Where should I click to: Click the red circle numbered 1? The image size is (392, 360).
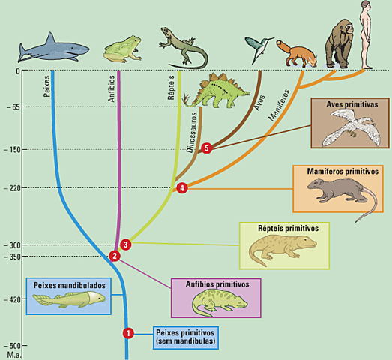point(128,333)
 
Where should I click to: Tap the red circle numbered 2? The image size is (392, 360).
point(115,256)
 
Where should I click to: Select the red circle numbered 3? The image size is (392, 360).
point(125,244)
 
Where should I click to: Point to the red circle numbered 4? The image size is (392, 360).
point(182,188)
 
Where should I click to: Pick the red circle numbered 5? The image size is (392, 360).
point(207,148)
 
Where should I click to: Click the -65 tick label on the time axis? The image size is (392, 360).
point(13,107)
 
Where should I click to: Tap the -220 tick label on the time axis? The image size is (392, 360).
point(12,188)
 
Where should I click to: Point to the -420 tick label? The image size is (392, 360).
point(12,299)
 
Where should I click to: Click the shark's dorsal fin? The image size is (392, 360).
point(51,39)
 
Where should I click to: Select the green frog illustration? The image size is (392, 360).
point(122,49)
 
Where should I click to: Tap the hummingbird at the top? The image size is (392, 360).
point(259,49)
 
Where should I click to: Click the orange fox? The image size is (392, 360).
point(297,54)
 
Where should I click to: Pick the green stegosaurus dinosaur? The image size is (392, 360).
point(217,91)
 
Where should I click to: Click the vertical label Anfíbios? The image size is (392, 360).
point(112,88)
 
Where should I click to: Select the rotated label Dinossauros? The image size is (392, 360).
point(192,133)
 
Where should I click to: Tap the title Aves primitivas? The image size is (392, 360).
point(352,104)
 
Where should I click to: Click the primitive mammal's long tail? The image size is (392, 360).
point(370,205)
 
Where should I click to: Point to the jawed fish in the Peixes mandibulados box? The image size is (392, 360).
point(69,298)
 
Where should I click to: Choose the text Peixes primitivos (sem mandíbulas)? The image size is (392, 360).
point(185,337)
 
